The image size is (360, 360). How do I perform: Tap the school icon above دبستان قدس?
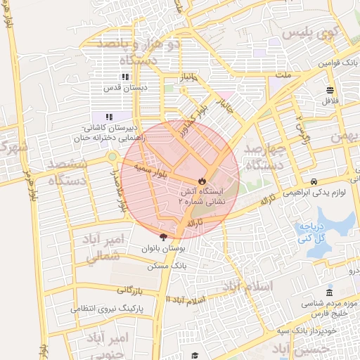tap(124, 77)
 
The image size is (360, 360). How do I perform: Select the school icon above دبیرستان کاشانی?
tap(109, 117)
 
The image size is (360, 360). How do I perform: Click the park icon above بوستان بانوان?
tap(164, 238)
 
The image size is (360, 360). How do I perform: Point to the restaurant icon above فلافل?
tap(330, 89)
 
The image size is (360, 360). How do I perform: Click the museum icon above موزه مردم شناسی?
tap(329, 292)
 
